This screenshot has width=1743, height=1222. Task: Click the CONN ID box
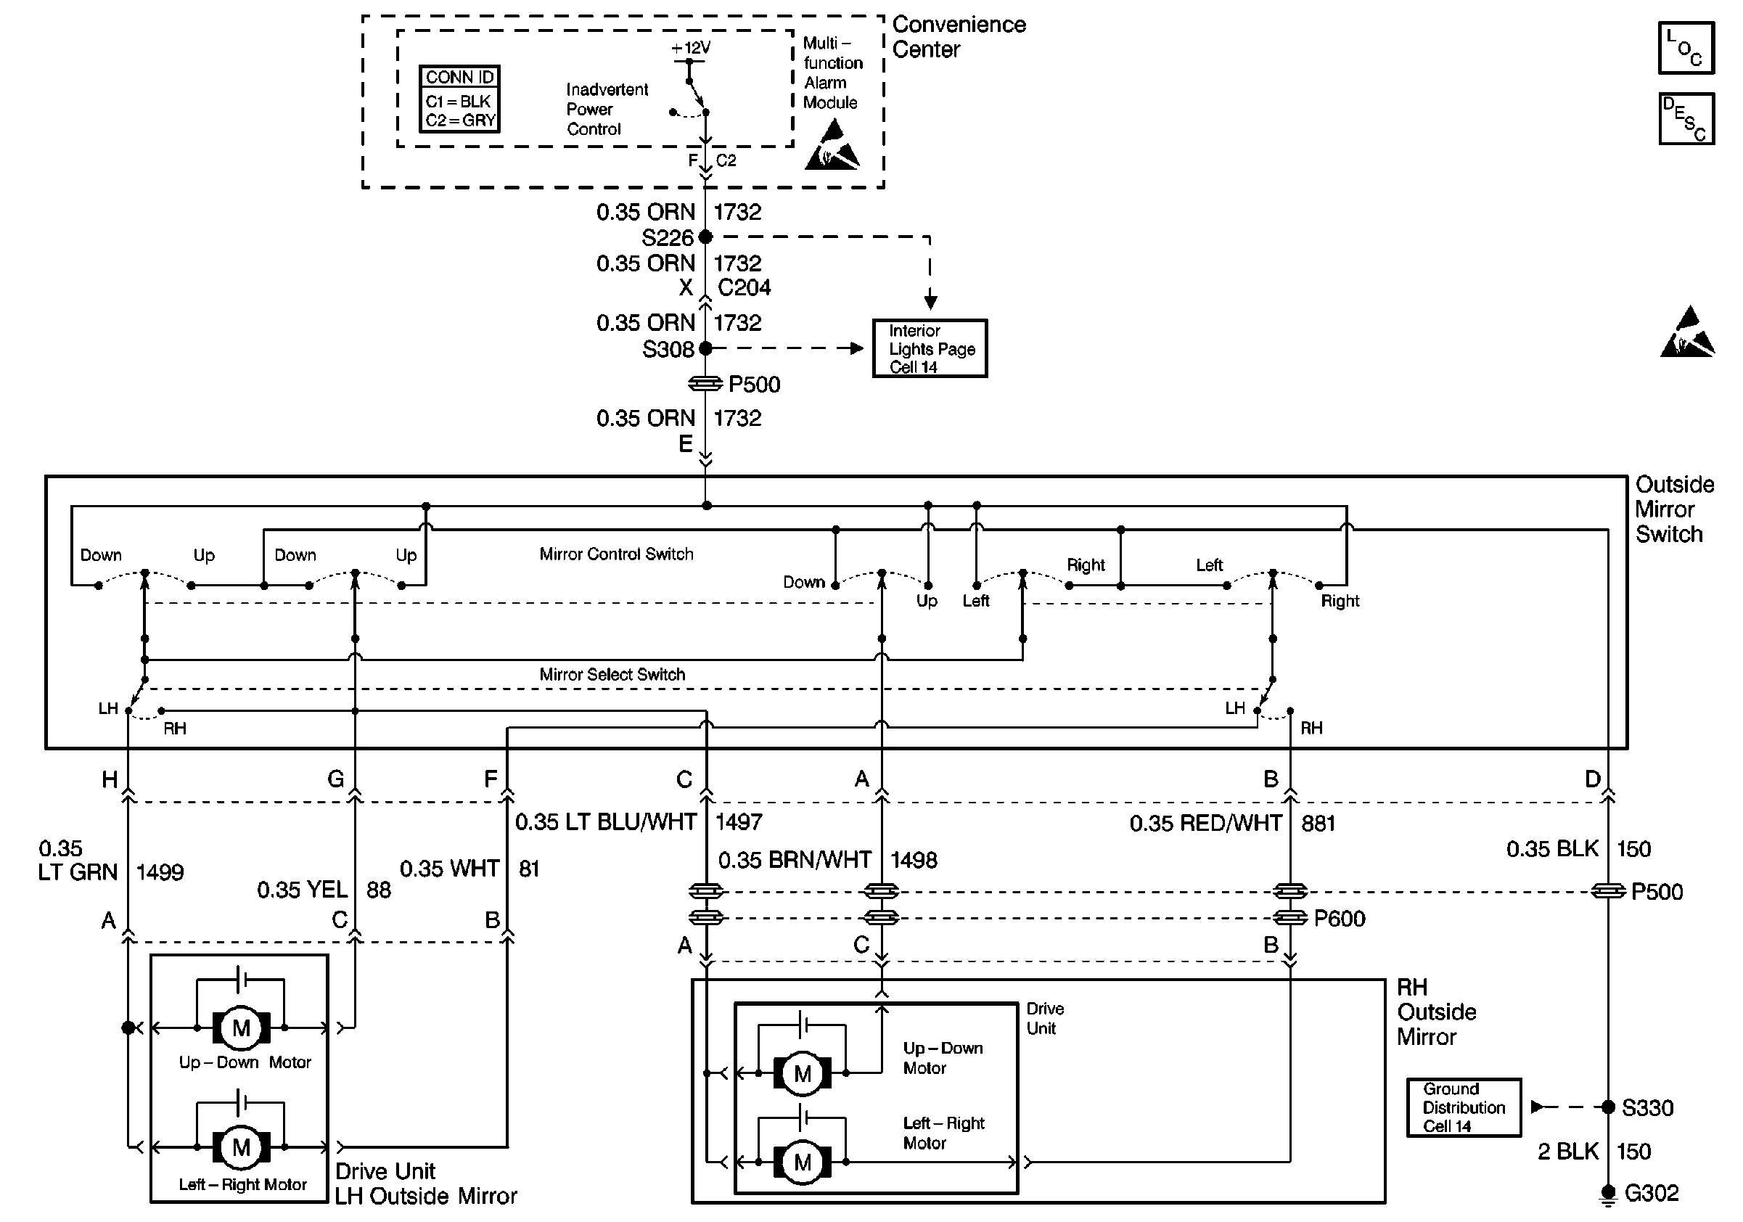pos(459,99)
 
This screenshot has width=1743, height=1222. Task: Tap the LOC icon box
pos(1685,48)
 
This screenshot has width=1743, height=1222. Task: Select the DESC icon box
pos(1685,118)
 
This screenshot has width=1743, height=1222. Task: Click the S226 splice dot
pos(705,237)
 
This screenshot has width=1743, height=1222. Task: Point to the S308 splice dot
pos(705,348)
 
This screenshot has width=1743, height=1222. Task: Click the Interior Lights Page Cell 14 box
pos(930,348)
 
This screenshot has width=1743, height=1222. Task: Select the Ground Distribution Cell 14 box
pos(1463,1107)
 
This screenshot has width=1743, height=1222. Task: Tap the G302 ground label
pos(1651,1194)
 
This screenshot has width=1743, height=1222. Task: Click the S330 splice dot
pos(1608,1107)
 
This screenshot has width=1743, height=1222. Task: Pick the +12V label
pos(690,48)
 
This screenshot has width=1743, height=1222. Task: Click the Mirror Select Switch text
pos(612,674)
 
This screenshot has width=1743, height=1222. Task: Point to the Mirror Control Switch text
pos(616,554)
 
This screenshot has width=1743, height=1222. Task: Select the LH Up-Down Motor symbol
pos(241,1028)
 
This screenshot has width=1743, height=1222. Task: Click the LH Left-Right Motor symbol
pos(241,1147)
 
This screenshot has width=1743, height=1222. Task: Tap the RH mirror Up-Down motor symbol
pos(803,1074)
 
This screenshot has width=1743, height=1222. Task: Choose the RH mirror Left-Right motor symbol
pos(803,1162)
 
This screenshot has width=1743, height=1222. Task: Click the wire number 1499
pos(160,872)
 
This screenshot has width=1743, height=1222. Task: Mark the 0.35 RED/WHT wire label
pos(1205,824)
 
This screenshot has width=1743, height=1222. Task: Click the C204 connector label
pos(744,287)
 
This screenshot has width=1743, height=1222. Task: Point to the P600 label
pos(1339,919)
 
